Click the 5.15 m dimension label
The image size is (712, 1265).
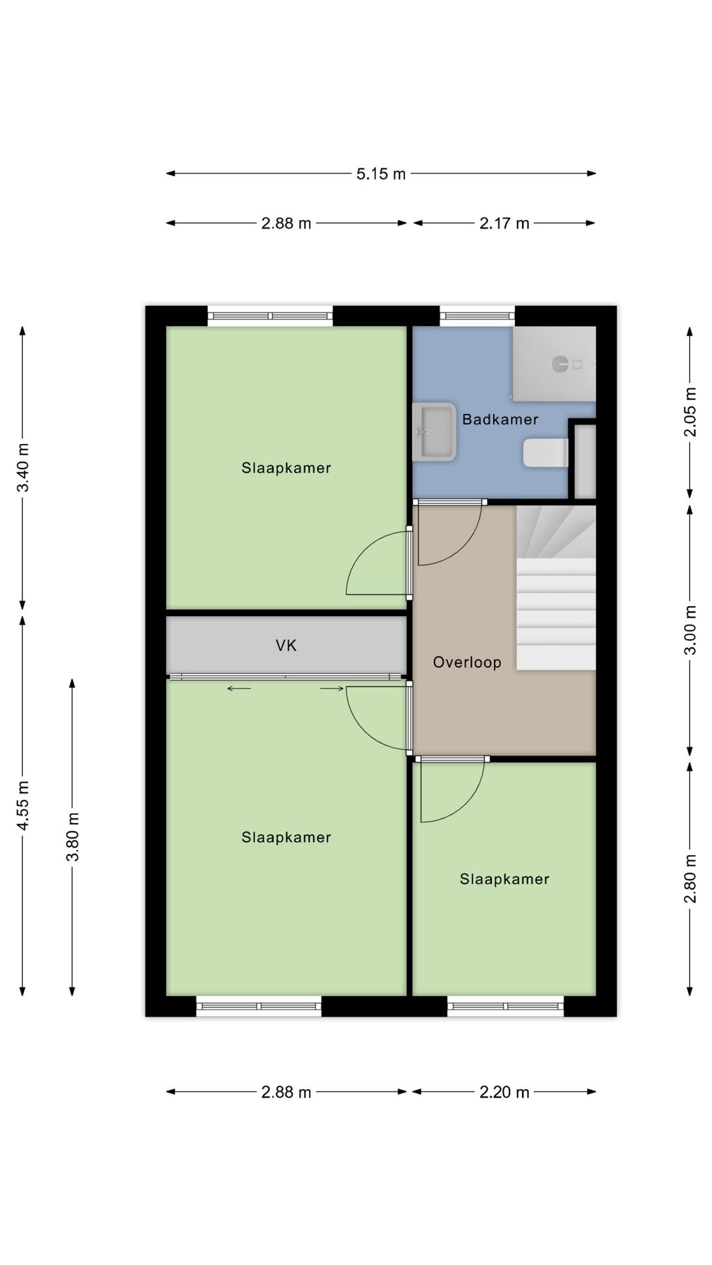click(x=381, y=174)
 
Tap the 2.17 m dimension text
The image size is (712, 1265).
click(x=504, y=223)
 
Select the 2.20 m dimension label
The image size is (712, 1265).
click(x=504, y=1092)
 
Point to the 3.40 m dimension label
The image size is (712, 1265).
click(x=23, y=468)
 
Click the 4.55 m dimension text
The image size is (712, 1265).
click(x=23, y=805)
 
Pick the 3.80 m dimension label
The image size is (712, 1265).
click(x=73, y=837)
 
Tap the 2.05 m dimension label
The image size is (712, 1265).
click(x=690, y=412)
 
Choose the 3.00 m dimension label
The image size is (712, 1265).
click(x=690, y=630)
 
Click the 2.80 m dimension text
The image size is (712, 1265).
click(x=690, y=878)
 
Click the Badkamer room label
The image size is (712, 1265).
click(x=500, y=419)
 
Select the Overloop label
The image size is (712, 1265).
click(x=467, y=662)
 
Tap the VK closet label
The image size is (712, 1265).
click(x=286, y=646)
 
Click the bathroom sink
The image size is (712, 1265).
click(x=434, y=432)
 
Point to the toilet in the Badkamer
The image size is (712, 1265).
click(x=546, y=453)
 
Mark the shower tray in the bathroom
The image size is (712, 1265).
click(x=554, y=364)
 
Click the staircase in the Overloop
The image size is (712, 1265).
click(x=556, y=588)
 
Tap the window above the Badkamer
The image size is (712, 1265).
click(x=477, y=316)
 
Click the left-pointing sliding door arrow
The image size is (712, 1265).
click(x=239, y=689)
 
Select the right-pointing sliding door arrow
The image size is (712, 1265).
click(x=332, y=689)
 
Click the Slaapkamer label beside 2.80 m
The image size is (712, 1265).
click(x=504, y=879)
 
